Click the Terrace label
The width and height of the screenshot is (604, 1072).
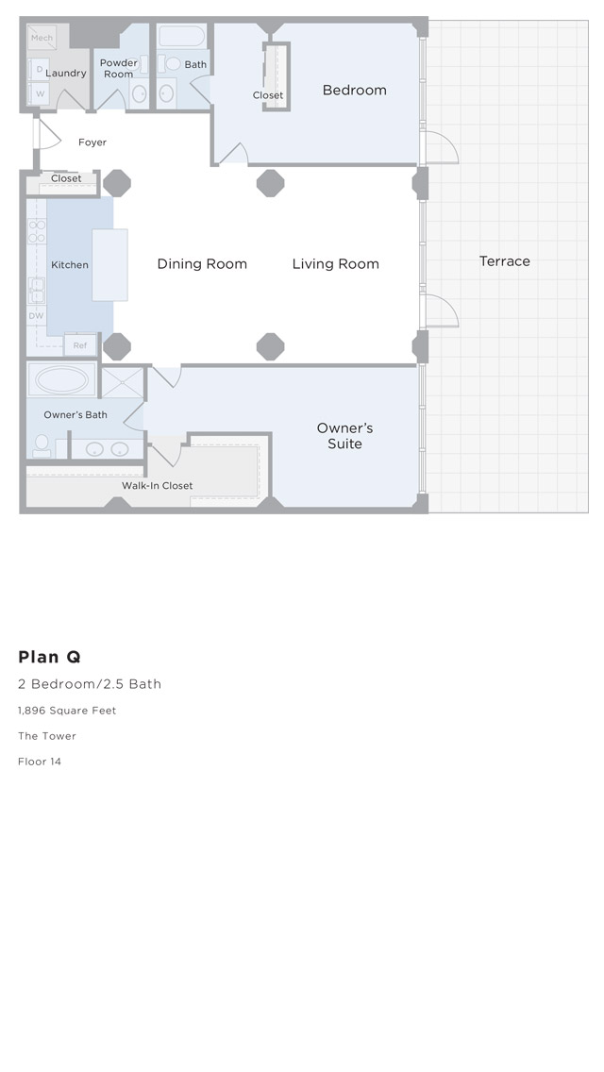[x=504, y=261]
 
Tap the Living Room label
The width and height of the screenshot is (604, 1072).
[x=335, y=264]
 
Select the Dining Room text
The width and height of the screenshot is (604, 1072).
[x=202, y=264]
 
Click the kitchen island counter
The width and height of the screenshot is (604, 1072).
[x=109, y=264]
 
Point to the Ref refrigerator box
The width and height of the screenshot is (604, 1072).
[x=80, y=345]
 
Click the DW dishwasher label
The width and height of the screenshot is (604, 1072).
[x=36, y=315]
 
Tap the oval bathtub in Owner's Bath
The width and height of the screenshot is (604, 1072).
[x=61, y=379]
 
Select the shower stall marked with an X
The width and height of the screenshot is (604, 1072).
[x=123, y=383]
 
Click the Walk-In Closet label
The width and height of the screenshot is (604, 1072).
[x=158, y=485]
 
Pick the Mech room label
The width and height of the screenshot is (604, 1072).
[x=42, y=38]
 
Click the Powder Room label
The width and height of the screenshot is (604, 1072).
[x=118, y=68]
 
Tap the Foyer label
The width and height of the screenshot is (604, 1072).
[x=92, y=142]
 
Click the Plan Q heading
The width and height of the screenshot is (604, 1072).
[x=49, y=657]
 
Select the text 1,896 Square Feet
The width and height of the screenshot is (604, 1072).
[x=67, y=711]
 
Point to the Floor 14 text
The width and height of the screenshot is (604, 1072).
[x=40, y=761]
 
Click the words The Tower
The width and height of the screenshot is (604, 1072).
[x=47, y=736]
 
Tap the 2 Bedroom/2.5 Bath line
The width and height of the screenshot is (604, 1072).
[x=90, y=683]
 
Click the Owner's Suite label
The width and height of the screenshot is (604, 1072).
[x=344, y=436]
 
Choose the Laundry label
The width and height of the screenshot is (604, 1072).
[x=66, y=74]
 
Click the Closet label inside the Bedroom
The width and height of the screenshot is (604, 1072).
[x=267, y=95]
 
